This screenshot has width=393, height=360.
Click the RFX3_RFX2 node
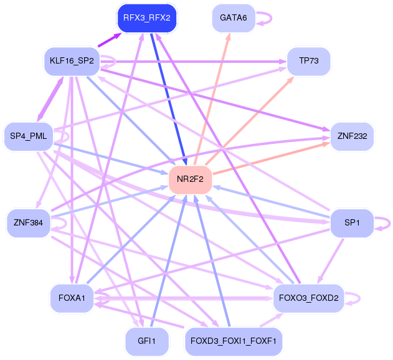click(x=147, y=18)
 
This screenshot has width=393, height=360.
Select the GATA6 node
click(x=234, y=18)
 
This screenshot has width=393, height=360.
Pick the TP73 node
click(x=308, y=60)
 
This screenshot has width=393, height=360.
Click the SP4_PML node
click(x=29, y=136)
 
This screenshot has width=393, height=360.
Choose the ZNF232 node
click(x=352, y=136)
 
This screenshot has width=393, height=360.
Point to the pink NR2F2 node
click(x=190, y=180)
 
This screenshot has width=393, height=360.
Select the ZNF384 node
click(x=28, y=223)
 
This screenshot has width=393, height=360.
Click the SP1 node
click(x=351, y=223)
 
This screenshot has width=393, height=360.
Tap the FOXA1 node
click(x=72, y=298)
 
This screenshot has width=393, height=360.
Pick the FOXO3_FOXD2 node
click(x=308, y=298)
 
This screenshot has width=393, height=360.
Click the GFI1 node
click(x=147, y=341)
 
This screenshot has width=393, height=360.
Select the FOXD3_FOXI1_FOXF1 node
click(x=234, y=341)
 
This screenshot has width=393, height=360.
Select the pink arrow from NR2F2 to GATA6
click(x=212, y=100)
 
